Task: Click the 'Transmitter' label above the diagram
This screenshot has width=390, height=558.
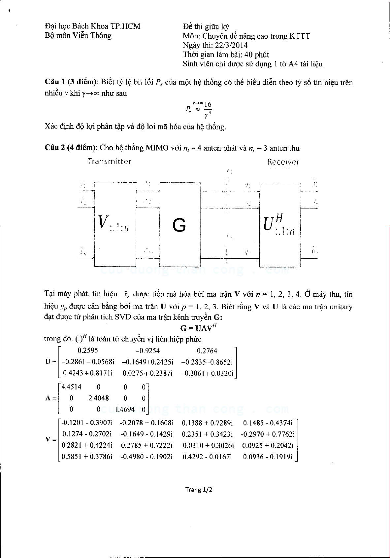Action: pos(110,162)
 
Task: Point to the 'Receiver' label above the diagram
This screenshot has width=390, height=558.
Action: pos(283,162)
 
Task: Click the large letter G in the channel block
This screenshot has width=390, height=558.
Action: pos(179,225)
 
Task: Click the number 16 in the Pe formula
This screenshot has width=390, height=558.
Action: pos(208,105)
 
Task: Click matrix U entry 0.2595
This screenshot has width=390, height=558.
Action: pos(87,351)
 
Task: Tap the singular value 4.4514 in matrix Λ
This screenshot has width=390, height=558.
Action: pos(71,387)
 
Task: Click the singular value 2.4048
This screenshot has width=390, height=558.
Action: pos(99,398)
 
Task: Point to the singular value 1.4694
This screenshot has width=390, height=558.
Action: pos(125,409)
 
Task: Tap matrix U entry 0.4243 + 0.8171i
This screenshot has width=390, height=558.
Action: pos(87,373)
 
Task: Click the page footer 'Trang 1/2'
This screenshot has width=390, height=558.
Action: pos(198,489)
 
